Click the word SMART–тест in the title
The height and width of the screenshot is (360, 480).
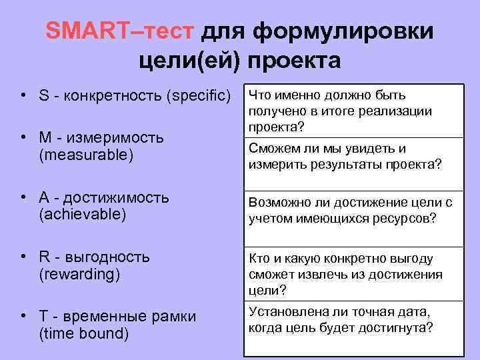pyautogui.click(x=119, y=31)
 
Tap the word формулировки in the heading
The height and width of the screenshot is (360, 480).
pyautogui.click(x=344, y=31)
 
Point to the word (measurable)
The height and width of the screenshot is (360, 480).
pyautogui.click(x=86, y=154)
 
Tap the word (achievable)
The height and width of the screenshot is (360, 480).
pyautogui.click(x=83, y=214)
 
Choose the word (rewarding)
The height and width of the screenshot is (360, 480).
pyautogui.click(x=79, y=273)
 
